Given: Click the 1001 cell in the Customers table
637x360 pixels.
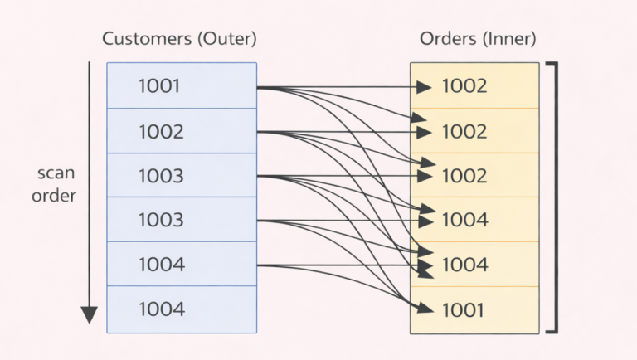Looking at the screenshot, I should [182, 86].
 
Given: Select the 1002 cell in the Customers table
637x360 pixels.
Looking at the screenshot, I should [182, 131].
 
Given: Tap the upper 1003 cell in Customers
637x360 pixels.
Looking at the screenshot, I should [182, 176].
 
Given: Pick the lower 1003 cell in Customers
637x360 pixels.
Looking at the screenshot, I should [182, 221].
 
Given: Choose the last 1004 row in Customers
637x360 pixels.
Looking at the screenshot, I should [182, 310].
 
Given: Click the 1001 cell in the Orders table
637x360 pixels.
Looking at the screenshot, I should [474, 310].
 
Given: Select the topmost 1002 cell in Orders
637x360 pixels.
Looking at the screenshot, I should [474, 86].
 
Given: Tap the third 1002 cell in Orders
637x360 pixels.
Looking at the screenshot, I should [474, 176].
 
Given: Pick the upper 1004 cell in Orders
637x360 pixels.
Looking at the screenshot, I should [474, 221].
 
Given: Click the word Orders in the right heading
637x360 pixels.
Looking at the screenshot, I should [448, 39].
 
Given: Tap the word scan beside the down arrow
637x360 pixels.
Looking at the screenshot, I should [56, 174].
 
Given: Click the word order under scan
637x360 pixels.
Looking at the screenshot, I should [56, 196].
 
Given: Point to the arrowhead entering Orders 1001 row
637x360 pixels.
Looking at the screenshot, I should [426, 309].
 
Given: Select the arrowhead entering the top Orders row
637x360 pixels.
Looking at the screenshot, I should [425, 86].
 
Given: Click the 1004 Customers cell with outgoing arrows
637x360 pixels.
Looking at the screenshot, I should [182, 265].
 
